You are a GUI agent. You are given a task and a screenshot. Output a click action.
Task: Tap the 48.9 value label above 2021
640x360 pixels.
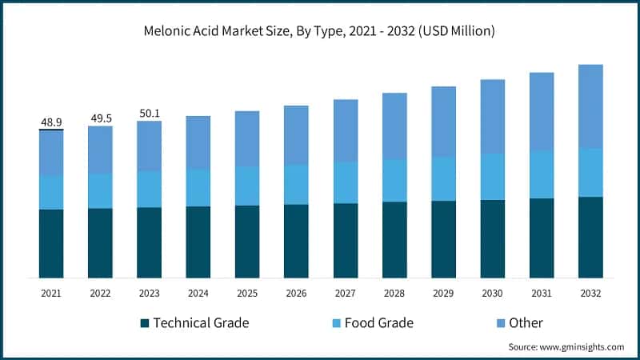tap(51, 122)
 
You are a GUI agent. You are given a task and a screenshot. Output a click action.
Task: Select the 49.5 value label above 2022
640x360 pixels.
tap(100, 118)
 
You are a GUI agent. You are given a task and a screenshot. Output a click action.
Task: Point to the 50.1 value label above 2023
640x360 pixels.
tap(149, 114)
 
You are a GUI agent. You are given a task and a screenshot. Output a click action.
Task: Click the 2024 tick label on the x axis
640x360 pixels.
tap(198, 294)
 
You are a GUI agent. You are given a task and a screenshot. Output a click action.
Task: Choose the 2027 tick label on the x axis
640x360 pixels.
tap(345, 294)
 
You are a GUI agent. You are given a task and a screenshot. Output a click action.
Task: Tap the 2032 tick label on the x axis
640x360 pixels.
tap(590, 294)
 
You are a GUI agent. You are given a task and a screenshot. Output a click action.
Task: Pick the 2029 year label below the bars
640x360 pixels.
tap(443, 294)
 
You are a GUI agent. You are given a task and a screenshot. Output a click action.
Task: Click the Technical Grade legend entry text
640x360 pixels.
tap(201, 323)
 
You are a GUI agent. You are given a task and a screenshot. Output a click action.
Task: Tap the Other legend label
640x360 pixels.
tap(526, 323)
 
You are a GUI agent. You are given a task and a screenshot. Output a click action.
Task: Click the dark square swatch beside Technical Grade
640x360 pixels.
tap(145, 323)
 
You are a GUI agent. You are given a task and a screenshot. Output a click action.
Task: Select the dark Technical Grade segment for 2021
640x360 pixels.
tap(51, 244)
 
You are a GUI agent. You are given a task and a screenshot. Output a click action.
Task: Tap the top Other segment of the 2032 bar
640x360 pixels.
tap(590, 106)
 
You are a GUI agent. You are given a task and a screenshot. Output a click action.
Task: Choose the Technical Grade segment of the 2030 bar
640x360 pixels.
tap(492, 238)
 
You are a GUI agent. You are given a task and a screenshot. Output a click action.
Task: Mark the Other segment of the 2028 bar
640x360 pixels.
tap(394, 126)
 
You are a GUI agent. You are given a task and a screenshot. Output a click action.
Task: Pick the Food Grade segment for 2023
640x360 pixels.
tap(149, 189)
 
